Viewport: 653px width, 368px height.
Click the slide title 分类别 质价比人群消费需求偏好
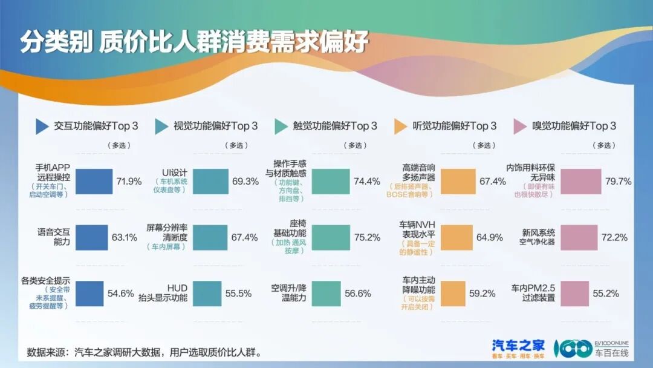194,43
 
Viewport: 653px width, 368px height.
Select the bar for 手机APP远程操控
94,181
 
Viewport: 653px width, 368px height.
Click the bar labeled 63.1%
91,237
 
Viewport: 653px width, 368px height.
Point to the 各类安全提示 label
46,281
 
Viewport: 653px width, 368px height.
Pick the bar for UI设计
211,181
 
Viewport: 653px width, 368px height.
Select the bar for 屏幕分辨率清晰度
210,237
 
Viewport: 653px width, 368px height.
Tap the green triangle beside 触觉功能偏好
281,126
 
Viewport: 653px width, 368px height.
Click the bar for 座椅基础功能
330,237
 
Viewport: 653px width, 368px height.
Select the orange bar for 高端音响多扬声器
458,181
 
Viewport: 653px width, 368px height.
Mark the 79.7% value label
618,181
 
